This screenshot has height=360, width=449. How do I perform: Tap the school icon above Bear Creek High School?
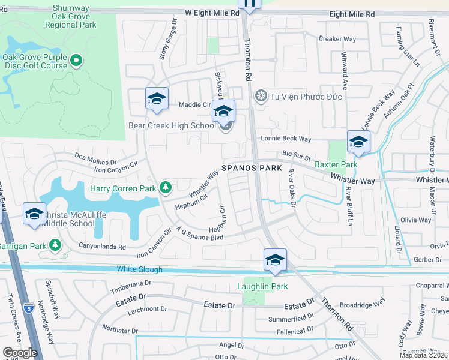[223, 111]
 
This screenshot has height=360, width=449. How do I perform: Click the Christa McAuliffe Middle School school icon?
[34, 214]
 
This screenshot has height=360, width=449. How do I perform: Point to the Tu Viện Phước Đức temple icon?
[261, 96]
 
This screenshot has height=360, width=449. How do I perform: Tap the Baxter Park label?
[336, 164]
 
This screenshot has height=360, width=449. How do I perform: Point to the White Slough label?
[140, 269]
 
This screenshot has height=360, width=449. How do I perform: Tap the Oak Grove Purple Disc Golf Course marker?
[76, 60]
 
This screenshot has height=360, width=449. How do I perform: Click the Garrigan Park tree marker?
[55, 245]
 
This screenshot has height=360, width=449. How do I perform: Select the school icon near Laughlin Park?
[275, 260]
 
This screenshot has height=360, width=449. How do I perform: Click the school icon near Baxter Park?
[358, 142]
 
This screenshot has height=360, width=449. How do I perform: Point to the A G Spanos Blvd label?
[200, 233]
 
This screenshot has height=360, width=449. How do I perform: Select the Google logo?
[20, 353]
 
